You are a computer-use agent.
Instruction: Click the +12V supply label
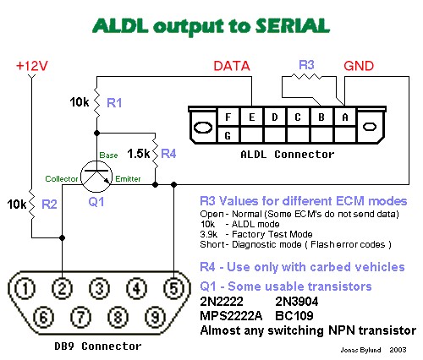pyautogui.click(x=32, y=66)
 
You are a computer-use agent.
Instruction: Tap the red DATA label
pyautogui.click(x=232, y=66)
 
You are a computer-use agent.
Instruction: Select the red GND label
pyautogui.click(x=359, y=66)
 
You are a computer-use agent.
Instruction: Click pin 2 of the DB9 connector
pyautogui.click(x=62, y=288)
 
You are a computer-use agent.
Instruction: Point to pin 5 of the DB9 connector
pyautogui.click(x=174, y=288)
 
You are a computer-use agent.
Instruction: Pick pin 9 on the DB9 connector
pyautogui.click(x=156, y=317)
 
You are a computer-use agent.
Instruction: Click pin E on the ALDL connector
pyautogui.click(x=252, y=117)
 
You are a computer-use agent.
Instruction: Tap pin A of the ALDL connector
pyautogui.click(x=345, y=117)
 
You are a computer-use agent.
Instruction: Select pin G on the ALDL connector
pyautogui.click(x=228, y=136)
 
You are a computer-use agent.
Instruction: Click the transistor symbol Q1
pyautogui.click(x=96, y=177)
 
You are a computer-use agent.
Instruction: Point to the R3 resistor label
pyautogui.click(x=306, y=65)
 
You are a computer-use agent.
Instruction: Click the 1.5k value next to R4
pyautogui.click(x=139, y=154)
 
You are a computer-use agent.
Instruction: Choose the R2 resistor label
pyautogui.click(x=49, y=205)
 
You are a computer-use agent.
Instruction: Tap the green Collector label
pyautogui.click(x=62, y=179)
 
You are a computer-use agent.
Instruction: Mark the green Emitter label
pyautogui.click(x=128, y=179)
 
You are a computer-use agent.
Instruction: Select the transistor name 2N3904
pyautogui.click(x=297, y=302)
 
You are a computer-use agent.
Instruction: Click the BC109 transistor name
pyautogui.click(x=294, y=316)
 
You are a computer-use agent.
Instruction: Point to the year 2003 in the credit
pyautogui.click(x=398, y=350)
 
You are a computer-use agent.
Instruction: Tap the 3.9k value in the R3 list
pyautogui.click(x=209, y=234)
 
